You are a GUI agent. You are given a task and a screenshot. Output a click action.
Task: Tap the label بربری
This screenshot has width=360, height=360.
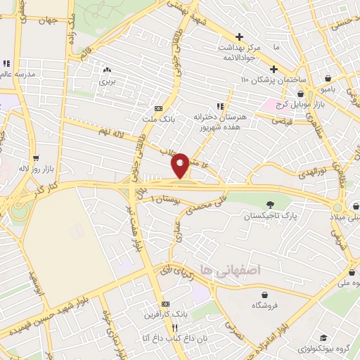(107, 82)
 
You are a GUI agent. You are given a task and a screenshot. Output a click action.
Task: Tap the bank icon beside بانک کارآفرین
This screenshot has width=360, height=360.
(165, 303)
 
